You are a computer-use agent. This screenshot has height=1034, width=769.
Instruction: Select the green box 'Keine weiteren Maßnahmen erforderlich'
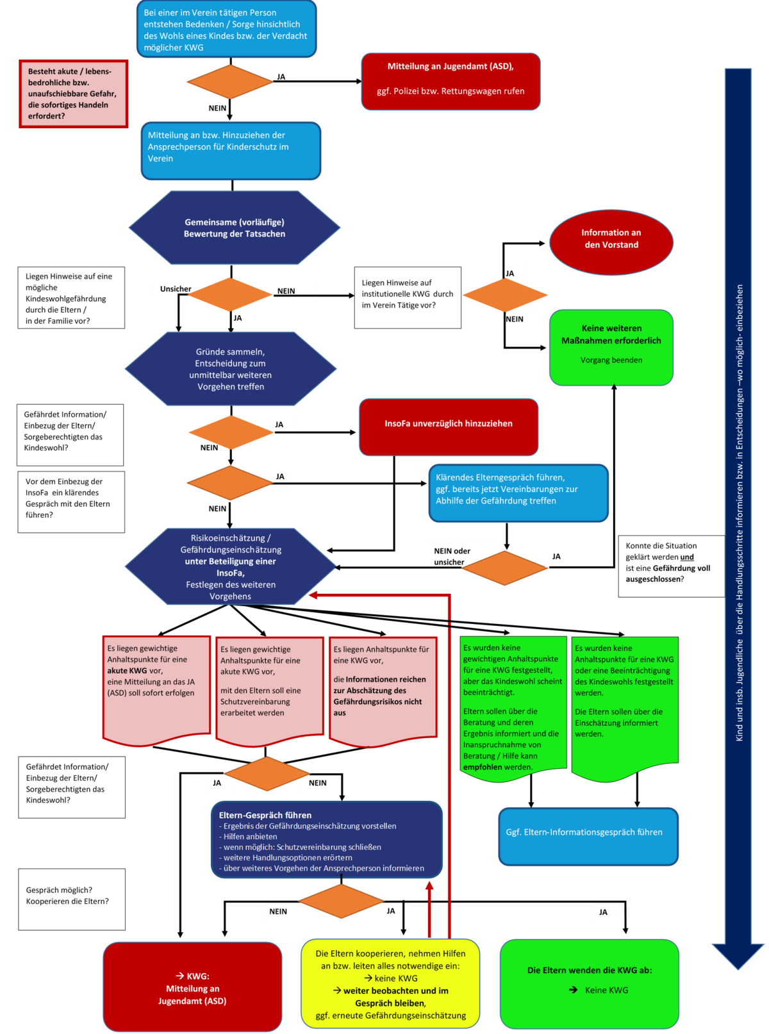[611, 347]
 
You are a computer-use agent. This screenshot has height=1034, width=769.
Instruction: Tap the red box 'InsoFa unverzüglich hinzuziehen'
[448, 425]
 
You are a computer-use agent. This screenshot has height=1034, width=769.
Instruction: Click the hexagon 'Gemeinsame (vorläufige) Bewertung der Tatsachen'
[235, 228]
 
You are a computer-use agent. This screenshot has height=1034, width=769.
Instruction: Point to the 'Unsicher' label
[176, 289]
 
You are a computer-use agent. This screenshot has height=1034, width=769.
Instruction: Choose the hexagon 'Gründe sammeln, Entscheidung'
[231, 369]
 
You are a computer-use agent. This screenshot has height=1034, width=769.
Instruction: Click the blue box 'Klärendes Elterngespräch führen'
[518, 491]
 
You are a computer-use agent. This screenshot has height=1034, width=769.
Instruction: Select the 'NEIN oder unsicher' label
[452, 556]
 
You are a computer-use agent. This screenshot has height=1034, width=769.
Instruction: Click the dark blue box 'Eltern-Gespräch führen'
[326, 839]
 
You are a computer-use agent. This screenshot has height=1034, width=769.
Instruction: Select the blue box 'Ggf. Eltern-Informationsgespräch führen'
[588, 835]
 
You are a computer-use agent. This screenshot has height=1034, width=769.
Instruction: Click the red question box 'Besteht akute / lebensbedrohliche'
[73, 94]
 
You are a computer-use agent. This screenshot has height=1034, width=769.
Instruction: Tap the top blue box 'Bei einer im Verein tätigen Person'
[226, 29]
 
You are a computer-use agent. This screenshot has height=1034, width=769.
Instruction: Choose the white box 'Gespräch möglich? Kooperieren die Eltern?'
[72, 898]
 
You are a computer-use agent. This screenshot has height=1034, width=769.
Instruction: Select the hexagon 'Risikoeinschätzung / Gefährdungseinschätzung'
[231, 567]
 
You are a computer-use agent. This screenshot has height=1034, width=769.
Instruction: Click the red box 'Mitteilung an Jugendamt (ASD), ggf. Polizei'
[451, 81]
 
